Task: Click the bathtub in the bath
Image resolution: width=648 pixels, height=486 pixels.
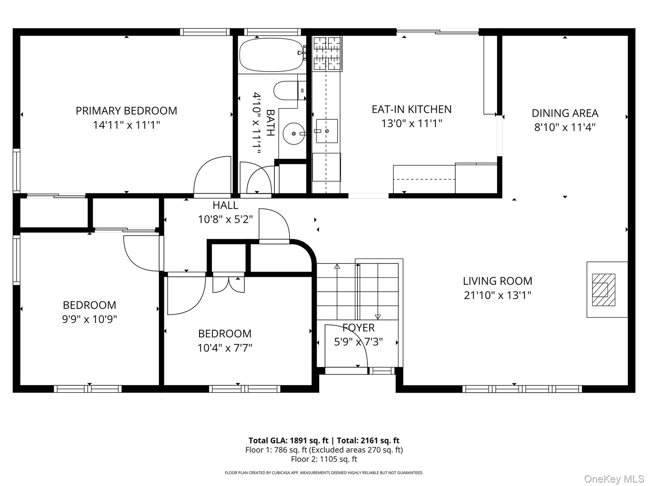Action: coord(271,55)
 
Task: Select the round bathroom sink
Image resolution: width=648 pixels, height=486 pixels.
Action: coord(294,134)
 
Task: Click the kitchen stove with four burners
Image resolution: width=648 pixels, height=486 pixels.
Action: coord(327,53)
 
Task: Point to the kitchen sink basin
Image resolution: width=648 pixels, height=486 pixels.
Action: coord(327,131)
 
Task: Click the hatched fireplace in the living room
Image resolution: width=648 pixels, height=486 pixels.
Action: coord(603,290)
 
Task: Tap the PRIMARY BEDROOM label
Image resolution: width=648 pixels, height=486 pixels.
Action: coord(126,111)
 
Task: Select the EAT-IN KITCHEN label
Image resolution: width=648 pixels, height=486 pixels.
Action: coord(411,109)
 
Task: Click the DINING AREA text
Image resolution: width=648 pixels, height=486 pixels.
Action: coord(565,113)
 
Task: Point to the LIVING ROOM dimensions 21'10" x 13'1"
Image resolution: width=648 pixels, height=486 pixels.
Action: coord(497,295)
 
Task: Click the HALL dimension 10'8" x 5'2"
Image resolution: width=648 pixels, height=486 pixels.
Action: coord(225,219)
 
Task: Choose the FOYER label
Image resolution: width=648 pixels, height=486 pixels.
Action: coord(358,328)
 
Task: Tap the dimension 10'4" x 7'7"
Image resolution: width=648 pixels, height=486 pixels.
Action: coord(225,348)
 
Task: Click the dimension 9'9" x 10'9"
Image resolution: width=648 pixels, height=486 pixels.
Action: coord(89,319)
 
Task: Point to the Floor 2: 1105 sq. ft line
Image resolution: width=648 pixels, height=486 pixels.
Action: coord(324,459)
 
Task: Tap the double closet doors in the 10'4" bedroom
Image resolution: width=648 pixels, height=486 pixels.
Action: coord(228,285)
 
